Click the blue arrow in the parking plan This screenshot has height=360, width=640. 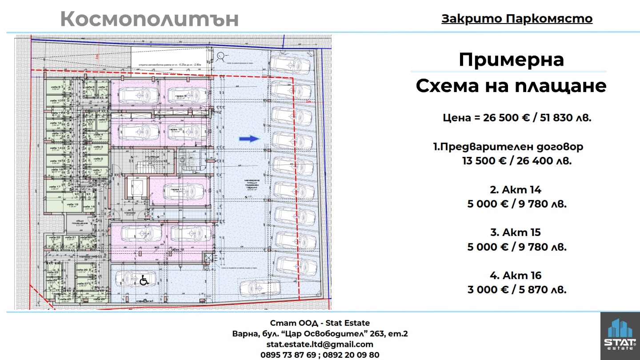tap(249, 139)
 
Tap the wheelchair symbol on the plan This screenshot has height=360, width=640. tap(144, 280)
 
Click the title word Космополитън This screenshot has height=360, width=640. tap(149, 19)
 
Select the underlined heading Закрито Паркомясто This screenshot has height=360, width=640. tap(517, 19)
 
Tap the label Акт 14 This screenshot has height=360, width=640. tap(516, 190)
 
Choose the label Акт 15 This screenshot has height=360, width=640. tap(516, 232)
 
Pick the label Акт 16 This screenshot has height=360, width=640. tap(516, 276)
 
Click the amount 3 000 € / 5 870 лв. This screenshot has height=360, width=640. tap(517, 290)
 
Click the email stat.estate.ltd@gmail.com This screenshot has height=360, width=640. tap(320, 344)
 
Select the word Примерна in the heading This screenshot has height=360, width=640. tap(511, 60)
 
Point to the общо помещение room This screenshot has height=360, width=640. tap(80, 223)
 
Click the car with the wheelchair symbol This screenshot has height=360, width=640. tap(130, 279)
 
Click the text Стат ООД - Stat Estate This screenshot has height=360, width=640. tap(320, 323)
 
